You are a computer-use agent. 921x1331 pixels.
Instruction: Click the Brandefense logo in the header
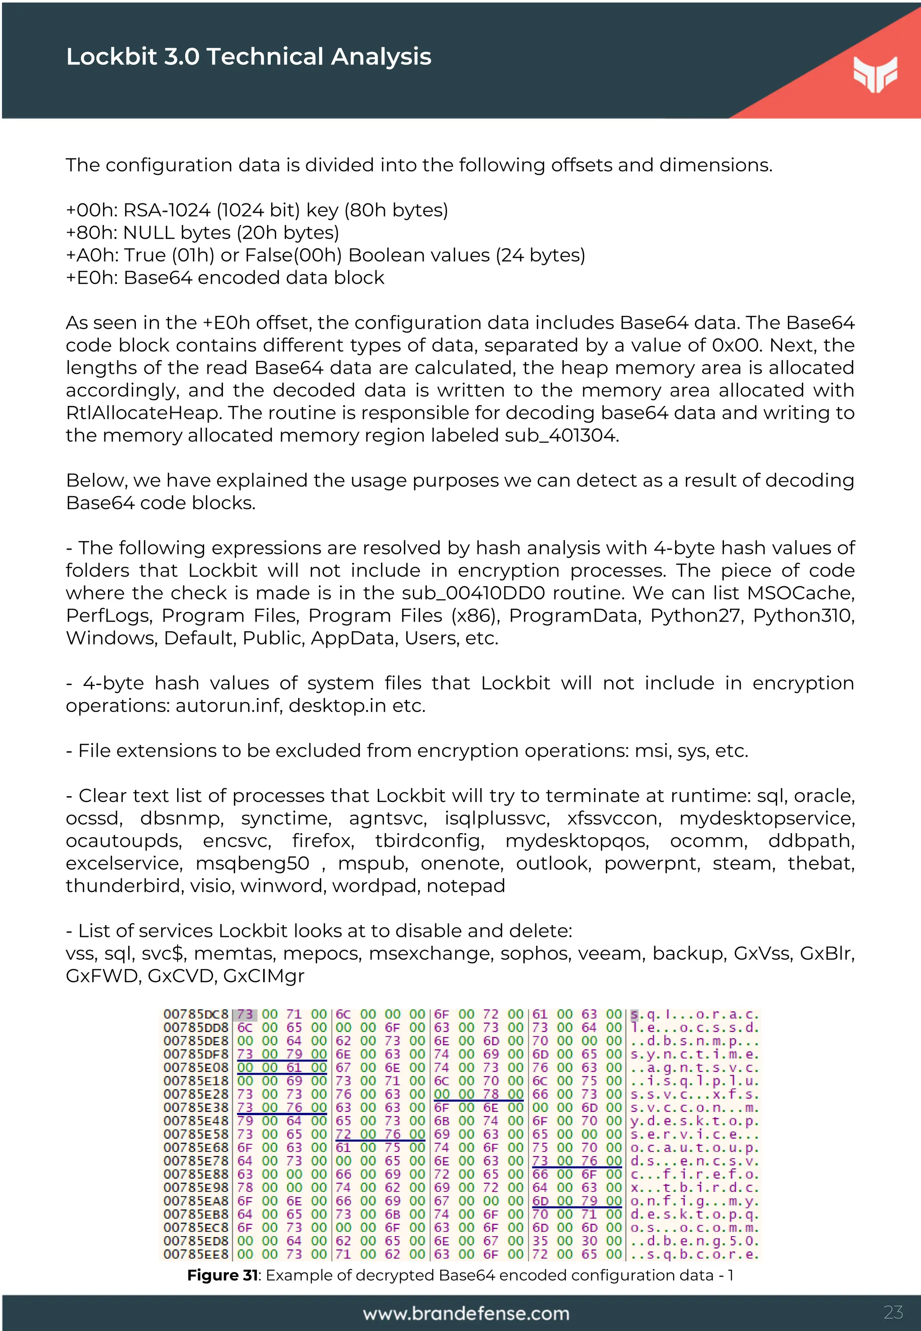[875, 74]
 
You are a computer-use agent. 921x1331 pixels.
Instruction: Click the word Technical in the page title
[265, 57]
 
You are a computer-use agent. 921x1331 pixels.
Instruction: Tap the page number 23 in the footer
[893, 1312]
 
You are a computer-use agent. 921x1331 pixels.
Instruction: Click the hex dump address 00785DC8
[196, 1015]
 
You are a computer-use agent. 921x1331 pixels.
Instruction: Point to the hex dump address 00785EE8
[196, 1254]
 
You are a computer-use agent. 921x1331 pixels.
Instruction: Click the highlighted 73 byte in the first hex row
[245, 1015]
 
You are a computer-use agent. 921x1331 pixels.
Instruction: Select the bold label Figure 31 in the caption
[222, 1275]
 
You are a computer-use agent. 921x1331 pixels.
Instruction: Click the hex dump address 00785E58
[196, 1134]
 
